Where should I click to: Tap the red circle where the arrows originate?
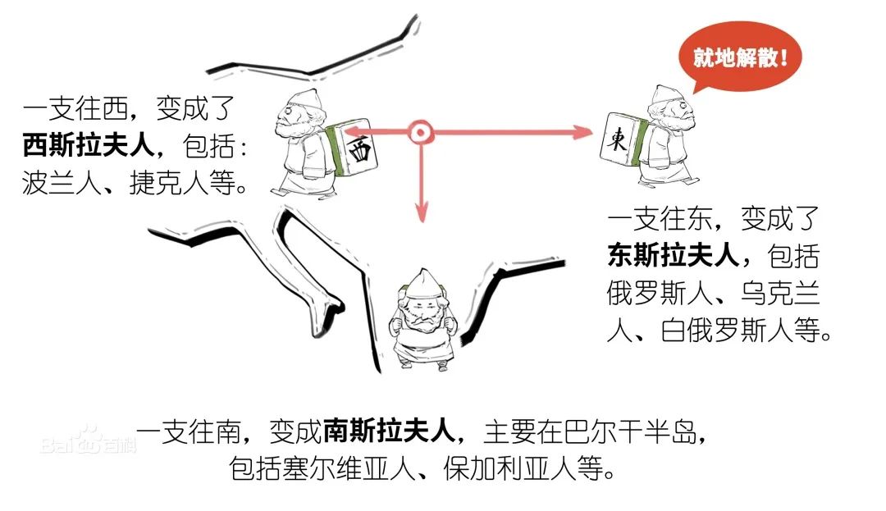(420, 131)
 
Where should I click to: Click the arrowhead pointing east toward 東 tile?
(583, 131)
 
